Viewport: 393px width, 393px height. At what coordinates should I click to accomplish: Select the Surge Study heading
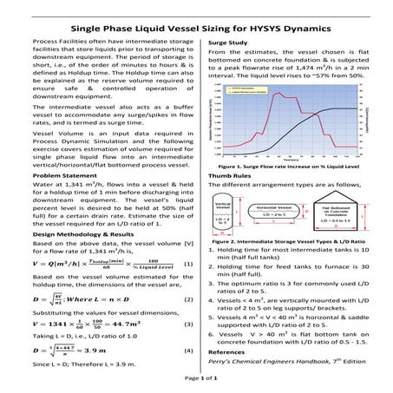pos(229,42)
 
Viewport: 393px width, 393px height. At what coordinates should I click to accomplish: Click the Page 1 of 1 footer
pos(197,379)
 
